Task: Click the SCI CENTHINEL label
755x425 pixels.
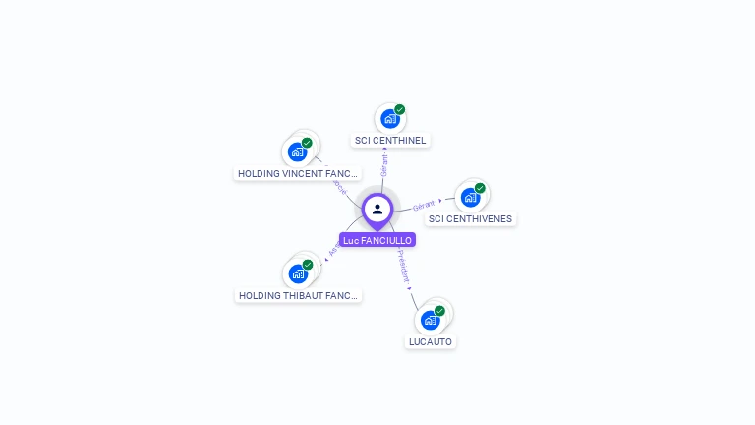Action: [x=390, y=140]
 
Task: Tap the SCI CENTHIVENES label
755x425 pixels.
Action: [x=470, y=218]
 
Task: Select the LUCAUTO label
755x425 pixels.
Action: [x=431, y=341]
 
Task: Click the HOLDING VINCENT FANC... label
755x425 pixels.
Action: [x=298, y=173]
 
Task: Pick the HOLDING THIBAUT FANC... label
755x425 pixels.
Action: [x=299, y=295]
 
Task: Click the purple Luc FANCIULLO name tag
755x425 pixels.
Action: [x=377, y=240]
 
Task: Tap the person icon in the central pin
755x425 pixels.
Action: [x=377, y=209]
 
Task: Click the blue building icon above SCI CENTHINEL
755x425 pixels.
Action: [x=389, y=119]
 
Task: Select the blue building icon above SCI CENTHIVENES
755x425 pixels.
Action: [x=470, y=198]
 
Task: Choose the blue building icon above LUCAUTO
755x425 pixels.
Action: [x=430, y=320]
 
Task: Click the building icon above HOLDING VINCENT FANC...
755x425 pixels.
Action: [x=297, y=152]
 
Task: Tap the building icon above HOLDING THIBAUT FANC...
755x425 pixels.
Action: [x=298, y=274]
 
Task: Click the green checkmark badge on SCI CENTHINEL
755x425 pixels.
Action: [x=400, y=109]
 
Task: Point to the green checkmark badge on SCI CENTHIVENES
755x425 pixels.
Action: [x=480, y=188]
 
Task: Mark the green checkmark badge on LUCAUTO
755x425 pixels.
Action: [x=439, y=311]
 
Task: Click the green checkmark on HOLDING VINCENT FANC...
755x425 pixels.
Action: [x=307, y=143]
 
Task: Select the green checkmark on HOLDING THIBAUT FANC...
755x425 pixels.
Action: [x=308, y=265]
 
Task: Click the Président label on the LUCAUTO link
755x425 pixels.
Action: [x=403, y=266]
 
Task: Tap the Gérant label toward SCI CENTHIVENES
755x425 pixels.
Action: [x=424, y=205]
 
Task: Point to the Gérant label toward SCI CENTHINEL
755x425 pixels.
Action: [x=383, y=165]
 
